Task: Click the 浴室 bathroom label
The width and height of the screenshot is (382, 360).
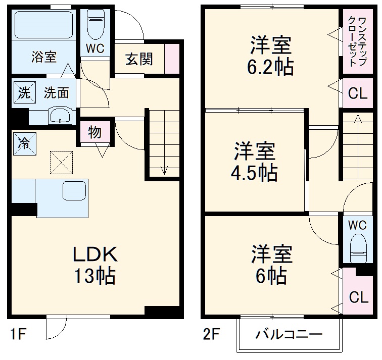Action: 43,57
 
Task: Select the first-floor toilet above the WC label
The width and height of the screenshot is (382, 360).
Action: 94,25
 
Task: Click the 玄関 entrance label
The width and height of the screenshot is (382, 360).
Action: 139,59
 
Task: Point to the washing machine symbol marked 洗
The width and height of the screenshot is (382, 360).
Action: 24,92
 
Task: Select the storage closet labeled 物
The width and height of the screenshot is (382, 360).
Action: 94,133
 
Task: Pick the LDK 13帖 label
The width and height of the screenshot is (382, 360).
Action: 96,265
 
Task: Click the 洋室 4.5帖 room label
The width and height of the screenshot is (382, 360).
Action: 254,162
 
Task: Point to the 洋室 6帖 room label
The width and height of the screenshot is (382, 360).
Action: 271,264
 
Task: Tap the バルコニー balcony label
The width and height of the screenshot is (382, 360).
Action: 288,334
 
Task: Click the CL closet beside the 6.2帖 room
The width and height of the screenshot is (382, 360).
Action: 358,93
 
